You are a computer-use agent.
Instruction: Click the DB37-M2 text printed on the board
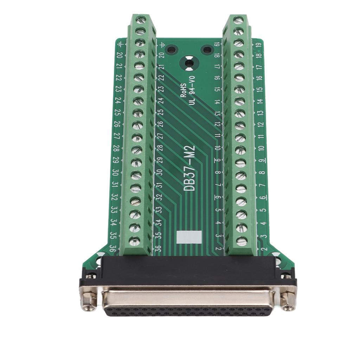[190, 169]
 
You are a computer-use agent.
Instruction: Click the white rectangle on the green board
[189, 237]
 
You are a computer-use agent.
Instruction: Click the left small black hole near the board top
[171, 50]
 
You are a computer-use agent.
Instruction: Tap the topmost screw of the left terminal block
[142, 20]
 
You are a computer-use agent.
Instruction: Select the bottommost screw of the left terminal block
[134, 241]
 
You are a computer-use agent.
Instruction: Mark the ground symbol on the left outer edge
[121, 44]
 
